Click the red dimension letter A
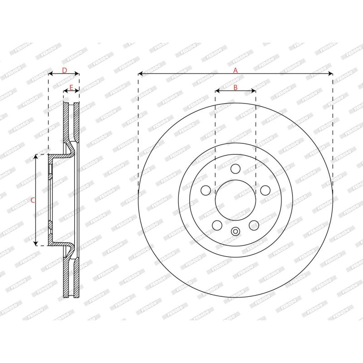[x=235, y=70]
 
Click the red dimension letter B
[x=235, y=88]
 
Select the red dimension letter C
[x=33, y=200]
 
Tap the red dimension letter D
[x=64, y=70]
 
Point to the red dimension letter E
[x=71, y=88]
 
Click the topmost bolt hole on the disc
[x=235, y=169]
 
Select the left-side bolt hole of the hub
[x=206, y=190]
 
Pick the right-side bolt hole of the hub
[x=265, y=190]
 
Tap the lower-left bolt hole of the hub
[x=217, y=225]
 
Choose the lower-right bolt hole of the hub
[x=254, y=225]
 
